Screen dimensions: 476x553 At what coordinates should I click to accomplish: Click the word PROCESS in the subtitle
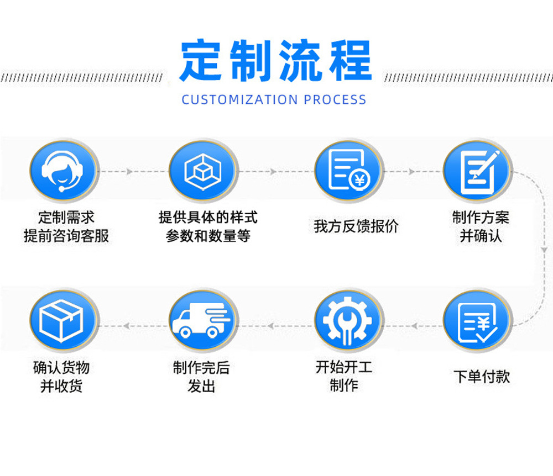[x=335, y=100]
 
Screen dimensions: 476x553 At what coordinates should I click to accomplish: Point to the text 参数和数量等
[x=208, y=236]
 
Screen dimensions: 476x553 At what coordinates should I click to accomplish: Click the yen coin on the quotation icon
[x=360, y=179]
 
